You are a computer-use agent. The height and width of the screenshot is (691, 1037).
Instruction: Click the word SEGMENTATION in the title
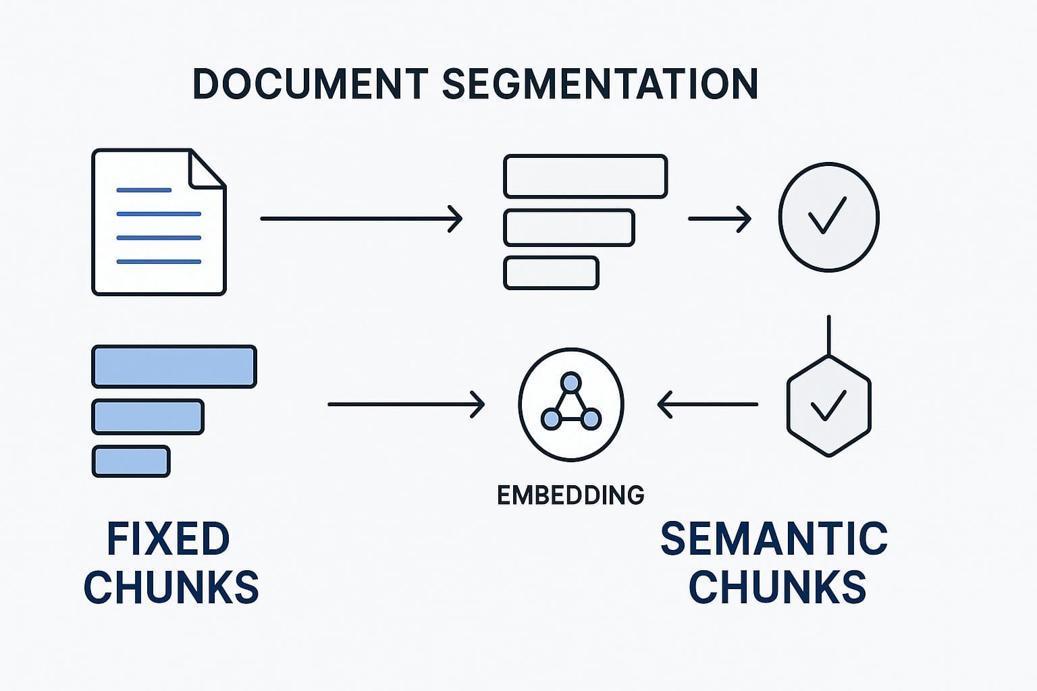[x=600, y=84]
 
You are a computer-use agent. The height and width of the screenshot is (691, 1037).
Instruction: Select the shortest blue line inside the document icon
[x=144, y=190]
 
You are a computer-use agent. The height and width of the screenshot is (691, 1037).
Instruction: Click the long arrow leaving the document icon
[x=361, y=219]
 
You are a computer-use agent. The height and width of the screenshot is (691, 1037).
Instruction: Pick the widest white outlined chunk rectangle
[x=585, y=176]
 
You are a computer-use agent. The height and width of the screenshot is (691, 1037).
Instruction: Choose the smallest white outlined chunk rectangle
[x=551, y=273]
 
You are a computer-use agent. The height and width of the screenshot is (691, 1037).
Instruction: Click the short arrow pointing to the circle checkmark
[x=719, y=219]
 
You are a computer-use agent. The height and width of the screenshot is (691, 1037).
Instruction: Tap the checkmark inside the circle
[x=827, y=215]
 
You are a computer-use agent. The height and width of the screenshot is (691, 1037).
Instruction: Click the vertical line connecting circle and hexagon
[x=828, y=334]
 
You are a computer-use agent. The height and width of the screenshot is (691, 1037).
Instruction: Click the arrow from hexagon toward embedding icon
[x=707, y=405]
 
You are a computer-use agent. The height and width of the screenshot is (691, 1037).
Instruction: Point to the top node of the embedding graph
[x=571, y=383]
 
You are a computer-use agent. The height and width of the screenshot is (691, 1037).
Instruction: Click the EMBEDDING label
[x=570, y=495]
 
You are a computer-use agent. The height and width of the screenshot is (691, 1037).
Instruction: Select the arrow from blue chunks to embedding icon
[x=405, y=405]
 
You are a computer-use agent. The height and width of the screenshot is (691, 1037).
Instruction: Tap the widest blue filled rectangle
[x=174, y=366]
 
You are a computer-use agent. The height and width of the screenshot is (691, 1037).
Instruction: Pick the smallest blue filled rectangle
[x=131, y=462]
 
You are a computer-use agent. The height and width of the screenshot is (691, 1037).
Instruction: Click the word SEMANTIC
[x=774, y=538]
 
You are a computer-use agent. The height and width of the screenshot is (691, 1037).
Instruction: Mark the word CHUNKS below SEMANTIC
[x=777, y=586]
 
